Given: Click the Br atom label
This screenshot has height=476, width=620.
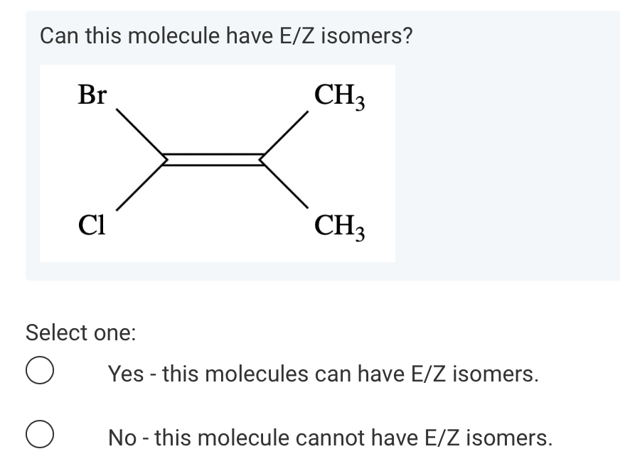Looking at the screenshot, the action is coord(92,94).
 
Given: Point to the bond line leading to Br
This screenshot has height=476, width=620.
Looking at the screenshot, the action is coord(139,134).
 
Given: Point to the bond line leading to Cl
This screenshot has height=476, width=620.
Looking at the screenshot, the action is coord(139,185).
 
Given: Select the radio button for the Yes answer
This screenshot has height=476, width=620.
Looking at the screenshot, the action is coord(40,373).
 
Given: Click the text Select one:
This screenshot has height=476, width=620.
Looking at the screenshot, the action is coord(80,332).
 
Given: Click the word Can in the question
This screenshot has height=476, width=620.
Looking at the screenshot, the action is coord(58,35).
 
